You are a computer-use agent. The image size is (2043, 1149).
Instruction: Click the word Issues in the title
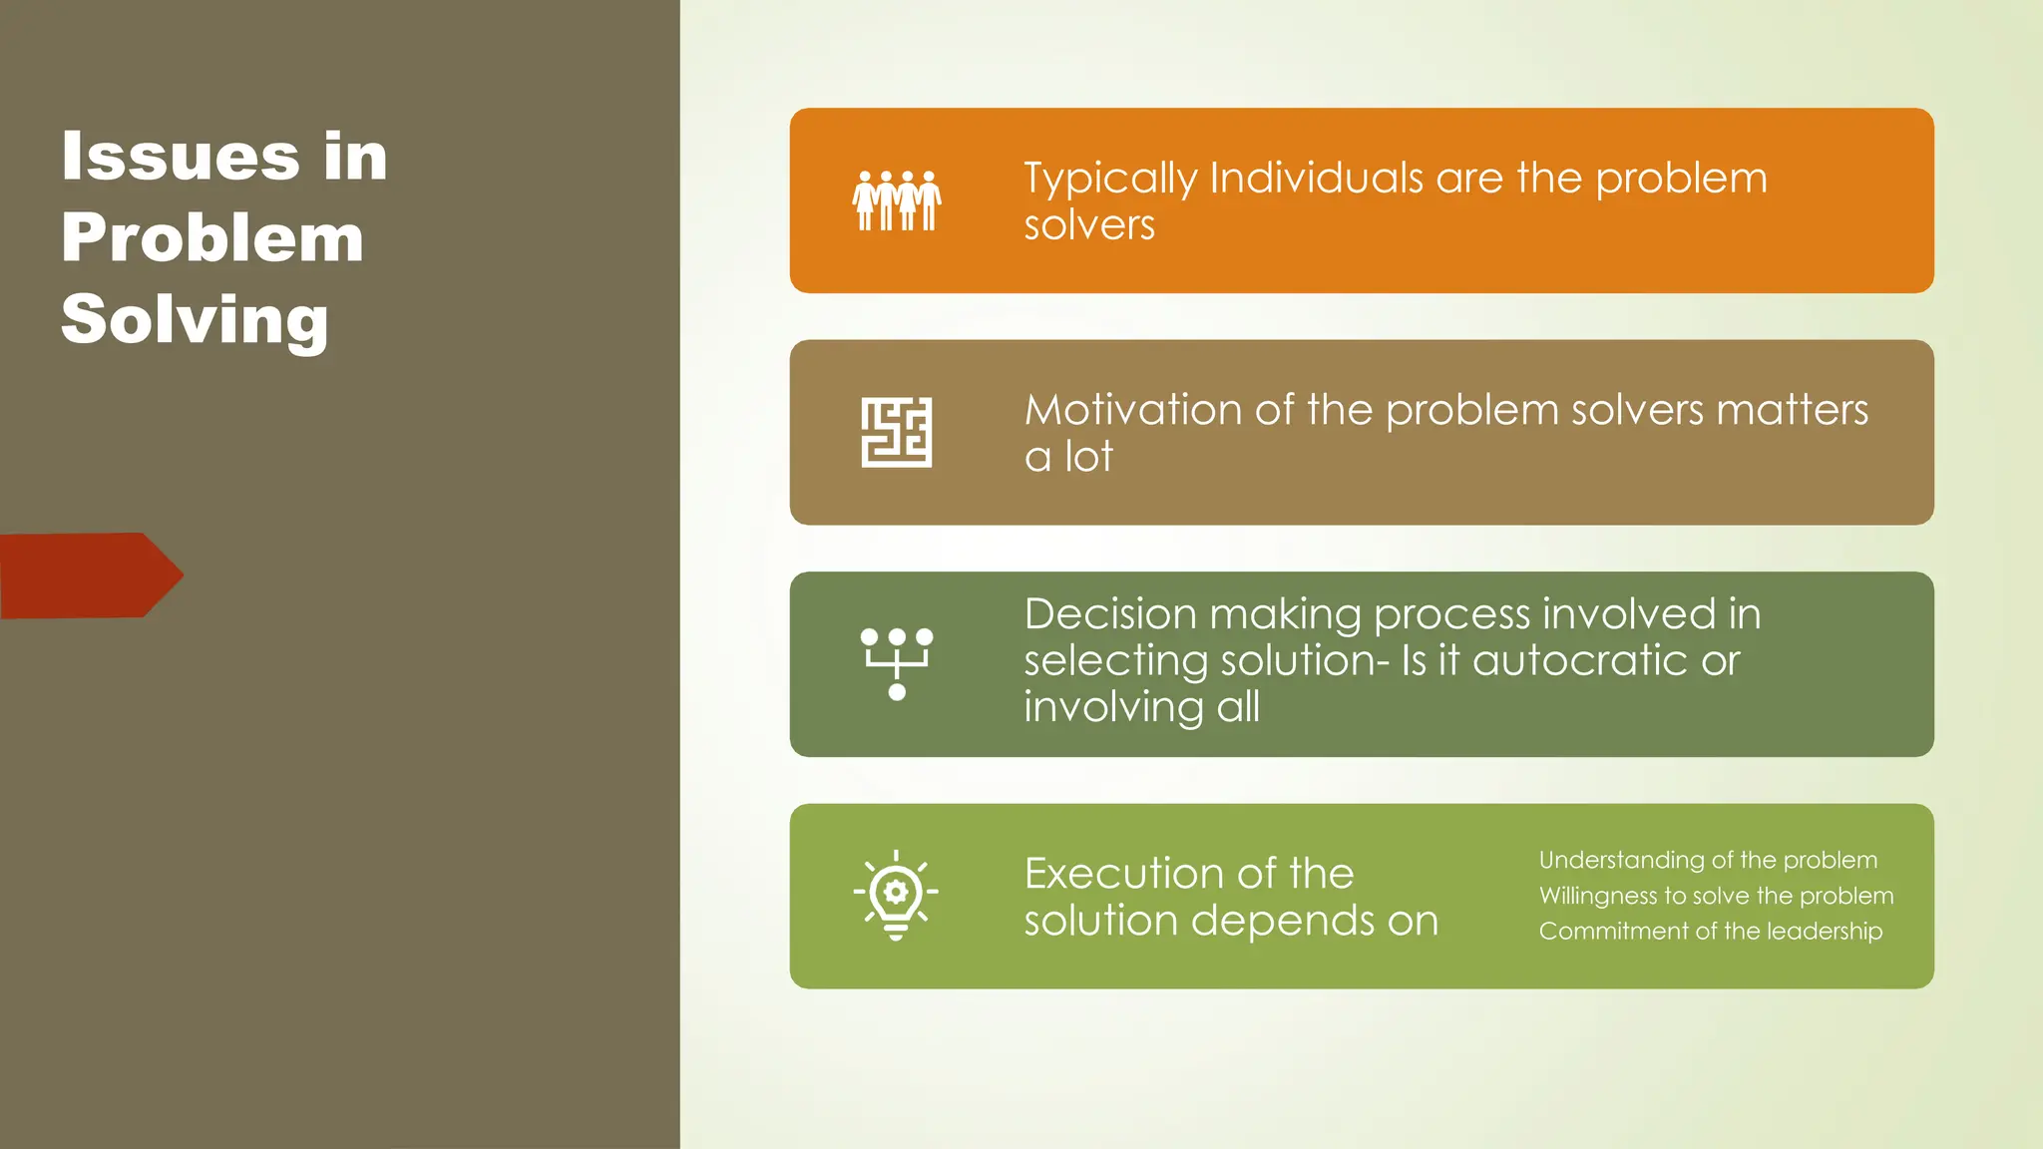[180, 157]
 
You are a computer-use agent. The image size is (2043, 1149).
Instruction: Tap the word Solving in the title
[195, 320]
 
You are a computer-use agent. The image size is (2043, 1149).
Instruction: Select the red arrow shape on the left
[90, 575]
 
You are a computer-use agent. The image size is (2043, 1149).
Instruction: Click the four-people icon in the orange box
[896, 200]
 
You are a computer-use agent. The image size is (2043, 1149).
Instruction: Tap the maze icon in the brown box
[896, 432]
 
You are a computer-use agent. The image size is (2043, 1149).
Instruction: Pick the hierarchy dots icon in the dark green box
[896, 663]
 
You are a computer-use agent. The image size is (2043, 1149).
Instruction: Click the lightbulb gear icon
[896, 895]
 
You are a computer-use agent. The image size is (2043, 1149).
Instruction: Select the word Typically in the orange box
[1109, 180]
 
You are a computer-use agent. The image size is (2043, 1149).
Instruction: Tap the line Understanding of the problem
[1707, 860]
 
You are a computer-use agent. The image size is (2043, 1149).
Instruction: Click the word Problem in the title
[212, 238]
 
